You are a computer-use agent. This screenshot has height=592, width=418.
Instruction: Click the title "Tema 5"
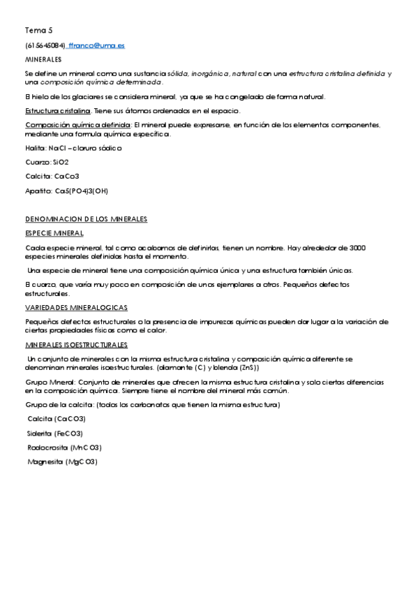tap(38, 30)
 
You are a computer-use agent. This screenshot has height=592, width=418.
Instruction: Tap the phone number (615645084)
tap(45, 45)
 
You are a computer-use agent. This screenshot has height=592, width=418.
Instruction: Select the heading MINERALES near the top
tap(43, 59)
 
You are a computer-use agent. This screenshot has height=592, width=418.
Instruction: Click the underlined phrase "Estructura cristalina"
tap(58, 110)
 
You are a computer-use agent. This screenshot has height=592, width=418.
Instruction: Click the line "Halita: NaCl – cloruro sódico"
tap(73, 148)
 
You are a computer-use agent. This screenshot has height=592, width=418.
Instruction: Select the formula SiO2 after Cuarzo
tap(61, 162)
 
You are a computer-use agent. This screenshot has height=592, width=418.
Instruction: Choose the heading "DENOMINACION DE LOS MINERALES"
tap(86, 219)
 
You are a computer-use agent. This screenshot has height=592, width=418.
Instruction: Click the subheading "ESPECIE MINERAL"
tap(54, 233)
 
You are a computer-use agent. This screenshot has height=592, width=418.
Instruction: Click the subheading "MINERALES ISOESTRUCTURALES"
tap(77, 345)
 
